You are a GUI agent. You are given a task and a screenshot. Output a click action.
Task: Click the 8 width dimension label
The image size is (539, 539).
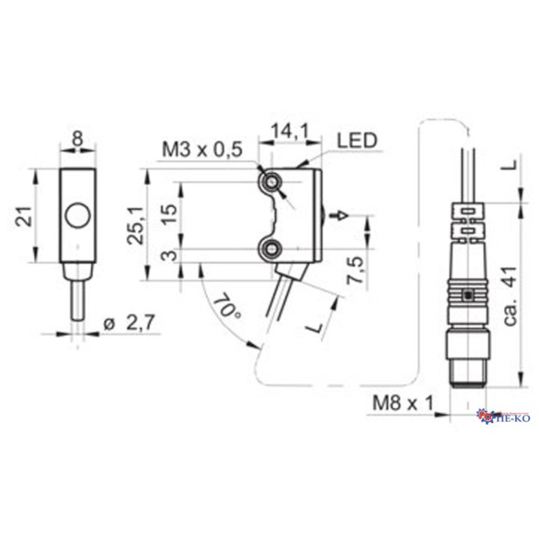pyautogui.click(x=78, y=139)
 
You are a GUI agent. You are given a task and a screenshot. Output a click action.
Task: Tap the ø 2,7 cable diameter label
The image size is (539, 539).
pyautogui.click(x=129, y=323)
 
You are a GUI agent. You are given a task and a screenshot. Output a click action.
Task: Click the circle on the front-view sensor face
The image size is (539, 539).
pyautogui.click(x=78, y=216)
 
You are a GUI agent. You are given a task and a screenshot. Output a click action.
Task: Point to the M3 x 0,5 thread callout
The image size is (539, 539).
pyautogui.click(x=202, y=149)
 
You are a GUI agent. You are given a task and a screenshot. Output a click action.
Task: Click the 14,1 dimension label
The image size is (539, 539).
pyautogui.click(x=291, y=131)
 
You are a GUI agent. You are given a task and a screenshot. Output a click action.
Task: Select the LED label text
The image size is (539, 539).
pyautogui.click(x=357, y=141)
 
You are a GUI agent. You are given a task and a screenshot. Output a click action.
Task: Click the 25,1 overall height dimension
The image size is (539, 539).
pyautogui.click(x=135, y=225)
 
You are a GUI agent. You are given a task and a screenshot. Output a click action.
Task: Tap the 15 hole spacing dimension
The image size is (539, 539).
pyautogui.click(x=170, y=215)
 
